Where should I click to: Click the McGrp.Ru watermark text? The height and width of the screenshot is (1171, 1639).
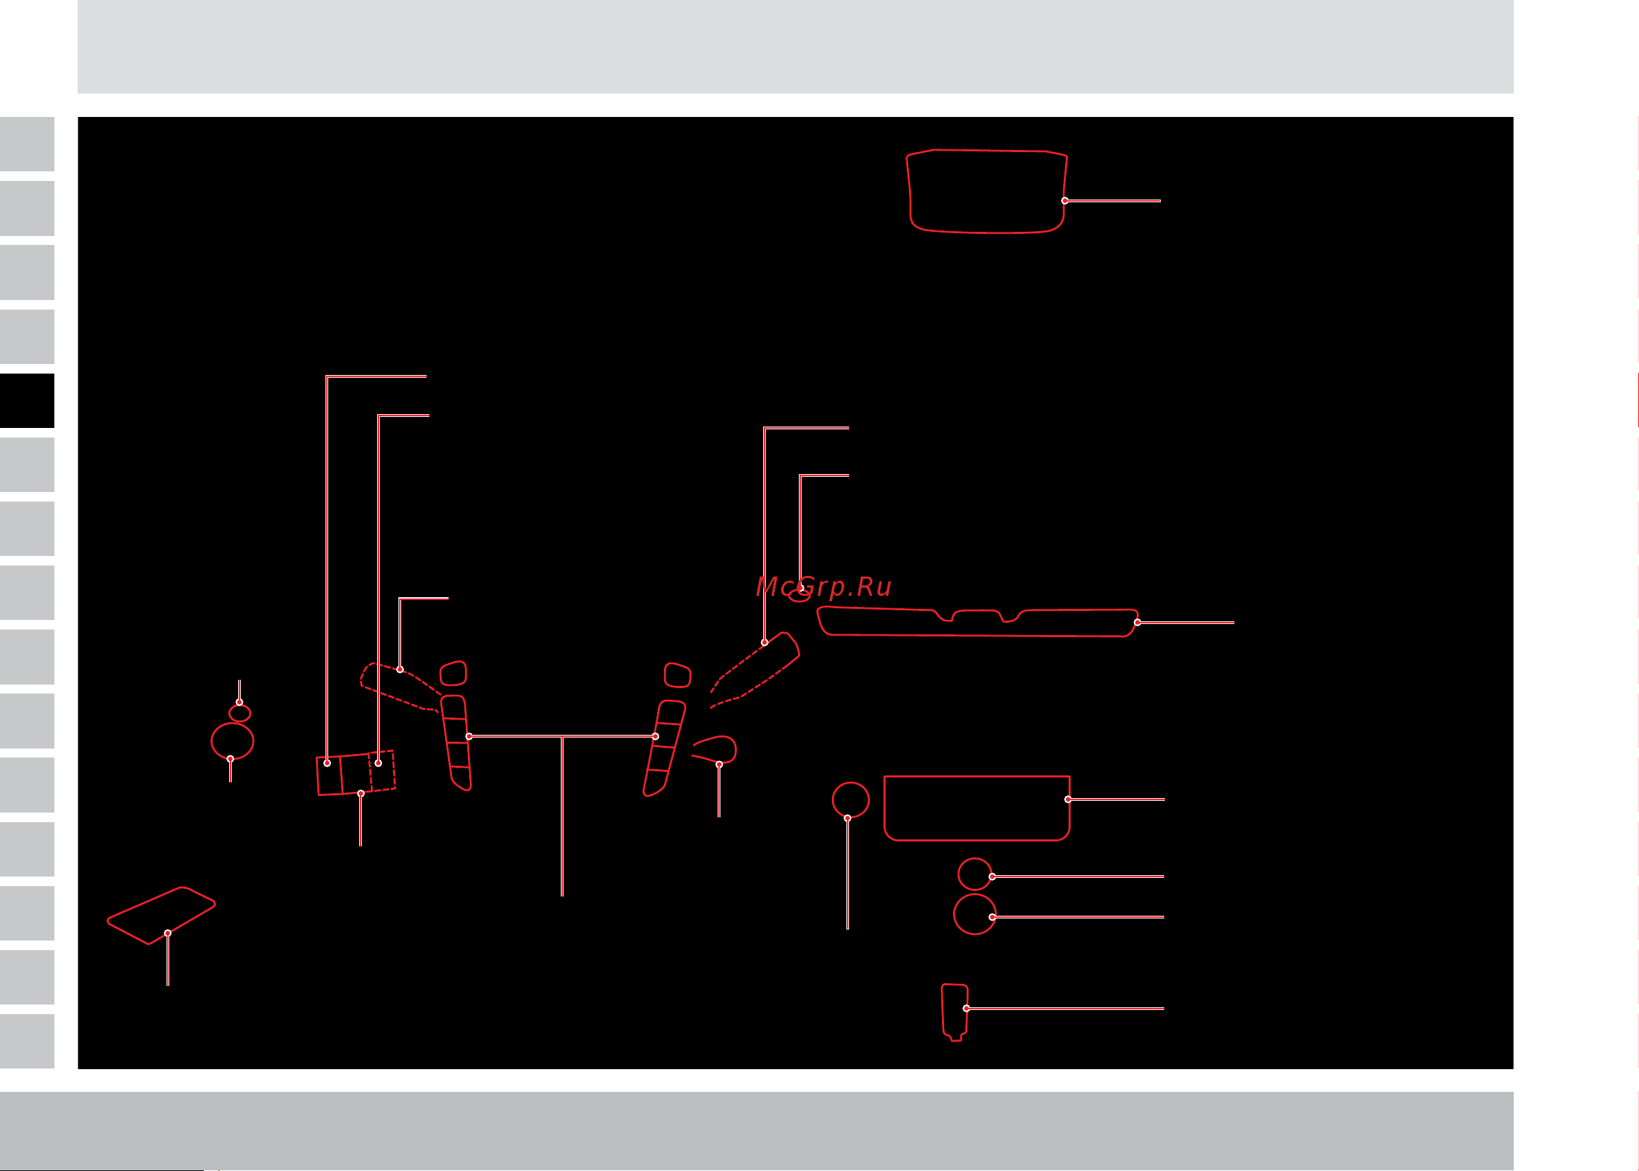824,587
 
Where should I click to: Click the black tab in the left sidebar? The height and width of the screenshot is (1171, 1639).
27,400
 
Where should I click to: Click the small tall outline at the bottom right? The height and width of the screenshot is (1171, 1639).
943,1009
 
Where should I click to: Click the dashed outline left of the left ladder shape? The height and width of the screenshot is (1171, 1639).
389,696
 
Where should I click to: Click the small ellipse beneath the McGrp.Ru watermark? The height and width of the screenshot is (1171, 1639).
799,596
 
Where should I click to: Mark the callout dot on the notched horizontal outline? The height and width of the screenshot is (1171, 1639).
1137,622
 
